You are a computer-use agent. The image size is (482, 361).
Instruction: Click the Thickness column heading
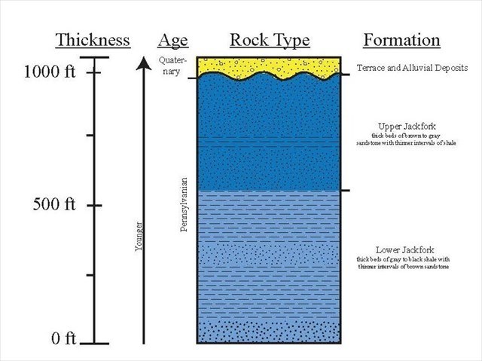click(92, 41)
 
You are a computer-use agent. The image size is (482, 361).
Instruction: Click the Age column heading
click(173, 41)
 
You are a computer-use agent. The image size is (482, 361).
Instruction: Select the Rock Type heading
click(268, 41)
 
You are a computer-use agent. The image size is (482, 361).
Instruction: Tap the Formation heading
click(401, 41)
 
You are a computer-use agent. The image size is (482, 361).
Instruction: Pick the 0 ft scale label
click(63, 338)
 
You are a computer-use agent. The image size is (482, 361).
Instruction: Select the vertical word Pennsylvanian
click(184, 204)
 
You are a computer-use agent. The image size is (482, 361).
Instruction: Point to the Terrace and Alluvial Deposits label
click(412, 68)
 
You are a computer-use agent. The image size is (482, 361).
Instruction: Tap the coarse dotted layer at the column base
click(267, 332)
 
